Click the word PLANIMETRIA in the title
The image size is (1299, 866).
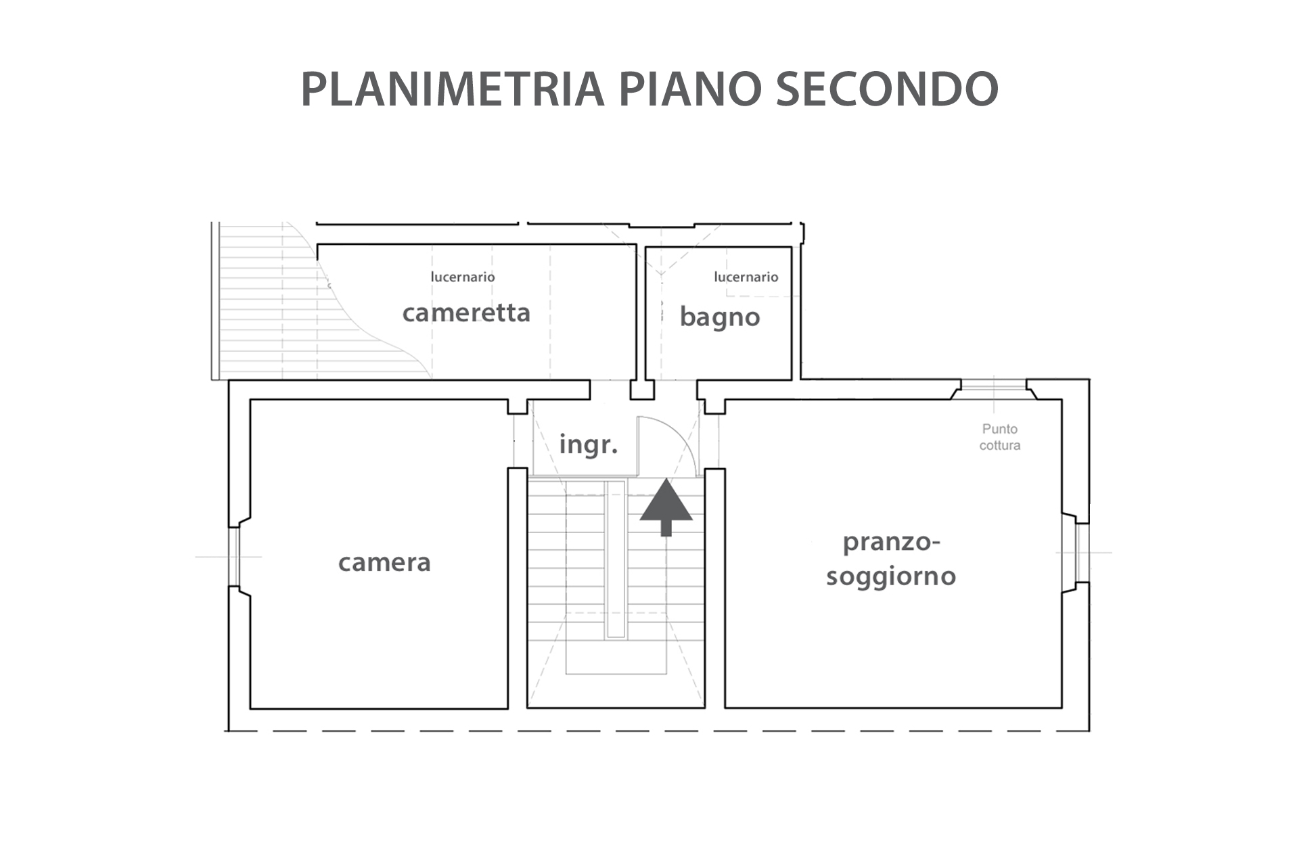coord(452,89)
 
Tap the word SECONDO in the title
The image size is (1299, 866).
coord(887,89)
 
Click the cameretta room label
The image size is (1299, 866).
coord(466,313)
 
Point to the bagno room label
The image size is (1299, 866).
coord(720,317)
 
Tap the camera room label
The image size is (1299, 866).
coord(384,563)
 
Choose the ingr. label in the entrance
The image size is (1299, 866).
coord(589,445)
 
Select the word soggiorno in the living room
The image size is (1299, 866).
coord(891,577)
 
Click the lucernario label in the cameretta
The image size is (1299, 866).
coord(463,277)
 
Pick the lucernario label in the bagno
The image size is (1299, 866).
coord(746,277)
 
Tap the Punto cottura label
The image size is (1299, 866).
coord(1000,437)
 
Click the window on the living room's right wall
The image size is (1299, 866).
coord(1082,553)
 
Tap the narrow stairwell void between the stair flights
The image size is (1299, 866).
coord(616,559)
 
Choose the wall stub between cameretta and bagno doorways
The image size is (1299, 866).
coord(642,390)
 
